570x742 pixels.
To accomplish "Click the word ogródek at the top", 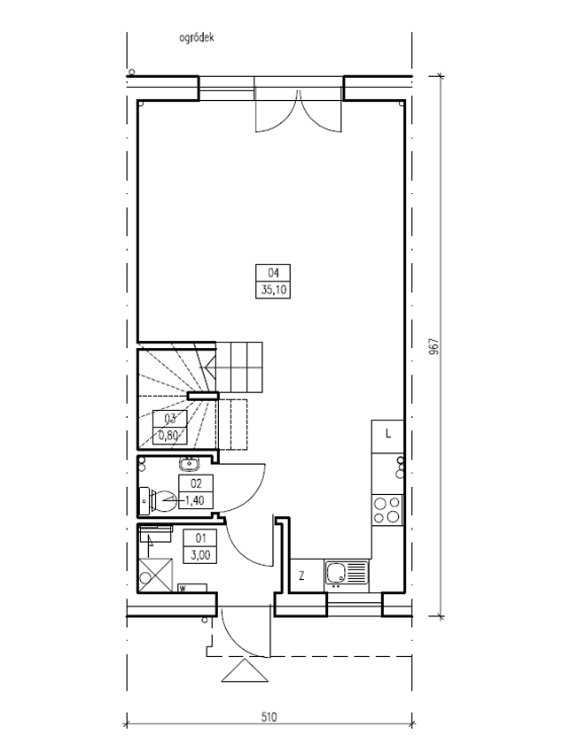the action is click(197, 38).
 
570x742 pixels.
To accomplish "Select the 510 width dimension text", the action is click(269, 716).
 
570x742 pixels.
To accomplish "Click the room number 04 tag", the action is click(273, 273).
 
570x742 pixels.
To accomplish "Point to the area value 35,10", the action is click(273, 290).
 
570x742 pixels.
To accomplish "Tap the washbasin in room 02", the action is click(191, 463).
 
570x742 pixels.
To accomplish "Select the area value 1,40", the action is click(196, 499).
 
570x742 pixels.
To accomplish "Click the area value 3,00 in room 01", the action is click(200, 554).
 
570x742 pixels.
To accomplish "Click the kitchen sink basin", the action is click(336, 573).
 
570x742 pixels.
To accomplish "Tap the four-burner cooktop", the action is click(387, 510).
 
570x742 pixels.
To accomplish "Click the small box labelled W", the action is click(191, 588).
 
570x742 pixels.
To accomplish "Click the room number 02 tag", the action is click(196, 483).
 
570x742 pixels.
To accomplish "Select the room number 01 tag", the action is click(200, 538).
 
